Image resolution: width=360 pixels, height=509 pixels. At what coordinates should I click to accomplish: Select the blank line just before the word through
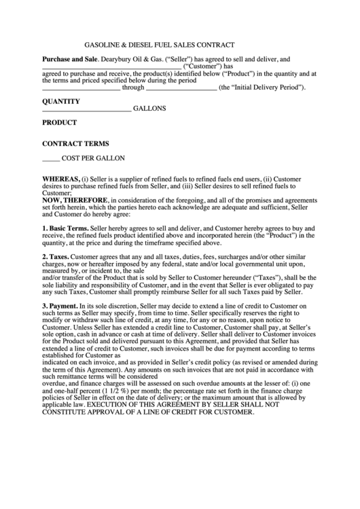(81, 88)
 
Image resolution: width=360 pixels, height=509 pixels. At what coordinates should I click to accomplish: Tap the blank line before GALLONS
(86, 109)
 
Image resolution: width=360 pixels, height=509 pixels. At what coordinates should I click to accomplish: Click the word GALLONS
(149, 108)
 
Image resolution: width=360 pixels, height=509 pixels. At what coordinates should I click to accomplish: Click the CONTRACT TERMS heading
(75, 144)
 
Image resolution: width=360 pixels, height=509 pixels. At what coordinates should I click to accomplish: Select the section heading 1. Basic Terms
(65, 228)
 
